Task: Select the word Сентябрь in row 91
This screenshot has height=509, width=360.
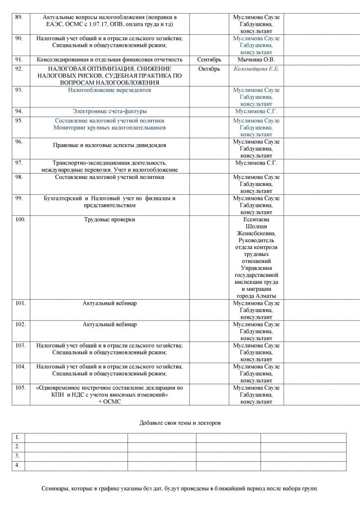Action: (209, 60)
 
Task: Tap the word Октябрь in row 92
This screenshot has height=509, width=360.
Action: (209, 69)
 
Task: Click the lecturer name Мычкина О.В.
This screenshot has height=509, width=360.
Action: (256, 60)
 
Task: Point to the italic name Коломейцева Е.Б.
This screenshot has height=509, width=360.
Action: (256, 69)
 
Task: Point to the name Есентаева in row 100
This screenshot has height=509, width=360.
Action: (256, 219)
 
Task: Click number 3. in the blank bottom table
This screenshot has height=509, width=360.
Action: (17, 456)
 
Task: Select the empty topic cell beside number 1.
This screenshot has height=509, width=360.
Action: (76, 437)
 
